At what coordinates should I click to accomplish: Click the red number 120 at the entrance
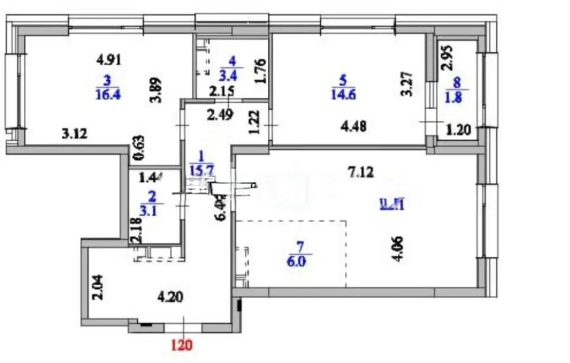pos(183,343)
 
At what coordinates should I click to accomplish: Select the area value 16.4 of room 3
pos(107,94)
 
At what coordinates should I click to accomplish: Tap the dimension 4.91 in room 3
pos(109,59)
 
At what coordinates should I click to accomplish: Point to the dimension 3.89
pos(158,92)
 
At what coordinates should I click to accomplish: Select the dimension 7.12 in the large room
pos(361,172)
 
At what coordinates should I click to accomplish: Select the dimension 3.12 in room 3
pos(75,134)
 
